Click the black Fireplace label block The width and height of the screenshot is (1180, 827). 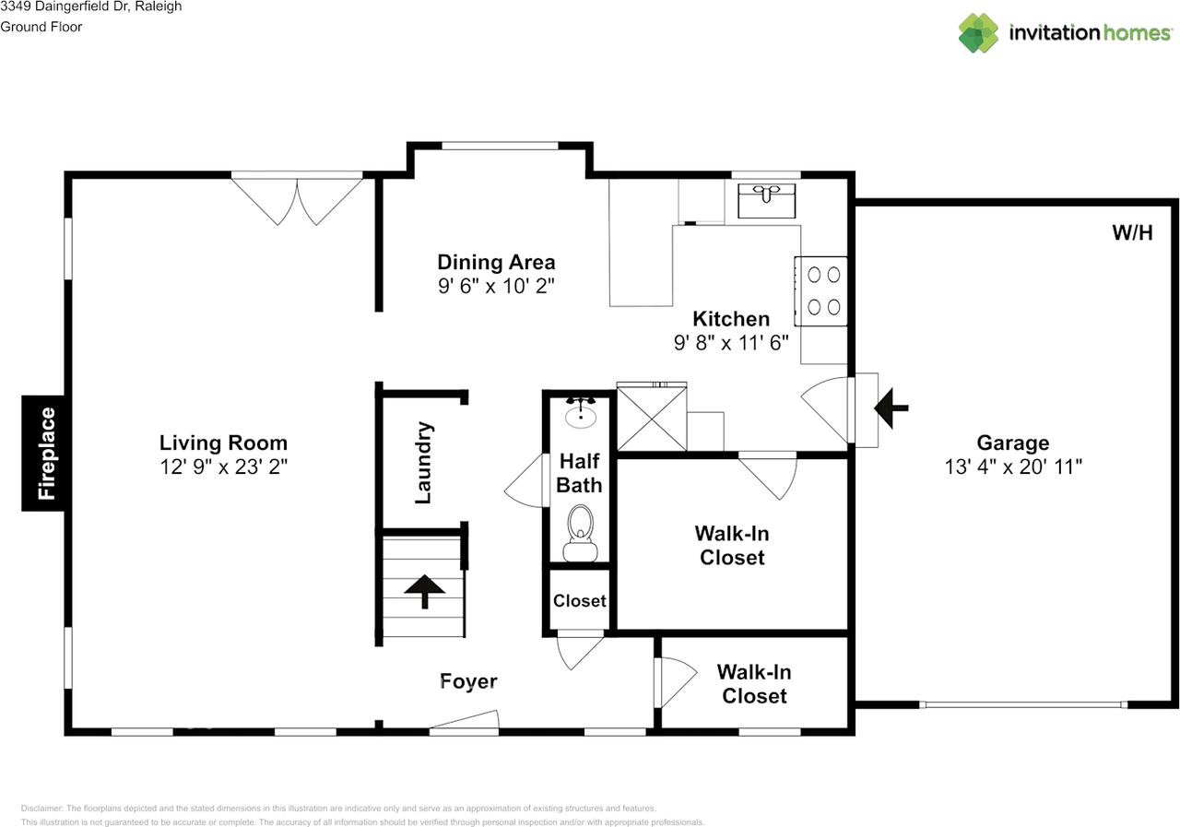click(42, 453)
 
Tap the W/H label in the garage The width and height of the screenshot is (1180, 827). click(1133, 233)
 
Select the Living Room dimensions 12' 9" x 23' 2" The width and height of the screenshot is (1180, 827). click(224, 467)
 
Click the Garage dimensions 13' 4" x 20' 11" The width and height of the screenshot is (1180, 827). click(1013, 467)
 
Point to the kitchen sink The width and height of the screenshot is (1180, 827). click(766, 201)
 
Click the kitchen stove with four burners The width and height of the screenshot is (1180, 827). click(821, 290)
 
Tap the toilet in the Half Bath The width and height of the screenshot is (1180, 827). click(581, 533)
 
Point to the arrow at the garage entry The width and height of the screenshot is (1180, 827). click(891, 408)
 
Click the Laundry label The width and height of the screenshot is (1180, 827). click(423, 463)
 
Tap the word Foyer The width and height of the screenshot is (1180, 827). click(468, 681)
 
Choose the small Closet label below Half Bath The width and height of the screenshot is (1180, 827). click(580, 600)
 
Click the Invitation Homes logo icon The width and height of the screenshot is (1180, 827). click(978, 32)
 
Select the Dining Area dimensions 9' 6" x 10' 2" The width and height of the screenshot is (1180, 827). click(496, 286)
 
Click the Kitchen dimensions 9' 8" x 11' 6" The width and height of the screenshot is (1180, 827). click(731, 343)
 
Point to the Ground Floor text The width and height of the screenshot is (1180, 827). click(41, 27)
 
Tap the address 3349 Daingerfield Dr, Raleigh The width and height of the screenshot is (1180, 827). click(90, 6)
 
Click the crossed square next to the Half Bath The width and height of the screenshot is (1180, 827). click(652, 419)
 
